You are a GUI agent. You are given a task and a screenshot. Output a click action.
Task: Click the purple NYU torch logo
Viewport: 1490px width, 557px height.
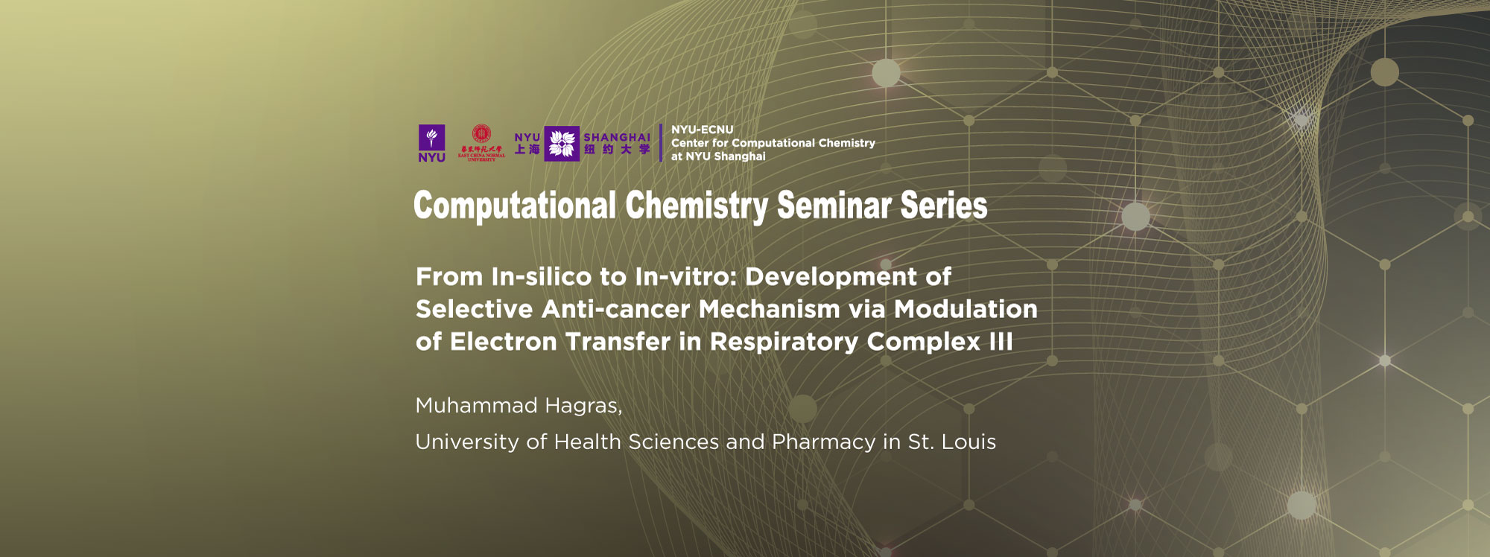click(431, 142)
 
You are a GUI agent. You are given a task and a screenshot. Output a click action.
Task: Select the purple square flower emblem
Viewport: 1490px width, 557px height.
click(562, 144)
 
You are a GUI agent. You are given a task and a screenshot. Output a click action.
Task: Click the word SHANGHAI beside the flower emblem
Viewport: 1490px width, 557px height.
click(617, 138)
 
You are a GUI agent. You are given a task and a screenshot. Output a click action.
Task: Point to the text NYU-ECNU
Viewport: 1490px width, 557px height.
click(702, 130)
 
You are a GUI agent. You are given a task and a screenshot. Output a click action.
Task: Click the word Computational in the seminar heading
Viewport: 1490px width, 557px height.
click(515, 206)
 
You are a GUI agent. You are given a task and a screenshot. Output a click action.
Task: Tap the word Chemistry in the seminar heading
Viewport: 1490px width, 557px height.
click(696, 206)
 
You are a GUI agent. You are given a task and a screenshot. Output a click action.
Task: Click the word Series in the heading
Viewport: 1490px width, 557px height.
click(944, 206)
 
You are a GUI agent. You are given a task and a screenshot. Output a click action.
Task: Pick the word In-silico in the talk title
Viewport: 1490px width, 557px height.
click(541, 277)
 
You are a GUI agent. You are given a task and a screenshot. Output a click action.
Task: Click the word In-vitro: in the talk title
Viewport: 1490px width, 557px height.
click(685, 277)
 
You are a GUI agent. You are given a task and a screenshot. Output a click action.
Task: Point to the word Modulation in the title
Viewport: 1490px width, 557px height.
click(966, 309)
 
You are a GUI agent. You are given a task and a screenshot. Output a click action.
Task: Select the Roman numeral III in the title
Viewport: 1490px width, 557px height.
click(1001, 342)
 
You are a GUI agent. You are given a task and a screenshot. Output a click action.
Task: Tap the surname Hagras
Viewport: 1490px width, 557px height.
click(583, 407)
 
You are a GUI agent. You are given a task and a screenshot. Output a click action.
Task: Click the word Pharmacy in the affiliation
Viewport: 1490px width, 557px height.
click(823, 442)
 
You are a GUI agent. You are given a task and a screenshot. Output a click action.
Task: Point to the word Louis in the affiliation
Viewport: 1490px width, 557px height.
click(968, 442)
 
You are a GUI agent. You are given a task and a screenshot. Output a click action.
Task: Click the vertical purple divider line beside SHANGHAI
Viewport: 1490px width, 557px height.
click(661, 143)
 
